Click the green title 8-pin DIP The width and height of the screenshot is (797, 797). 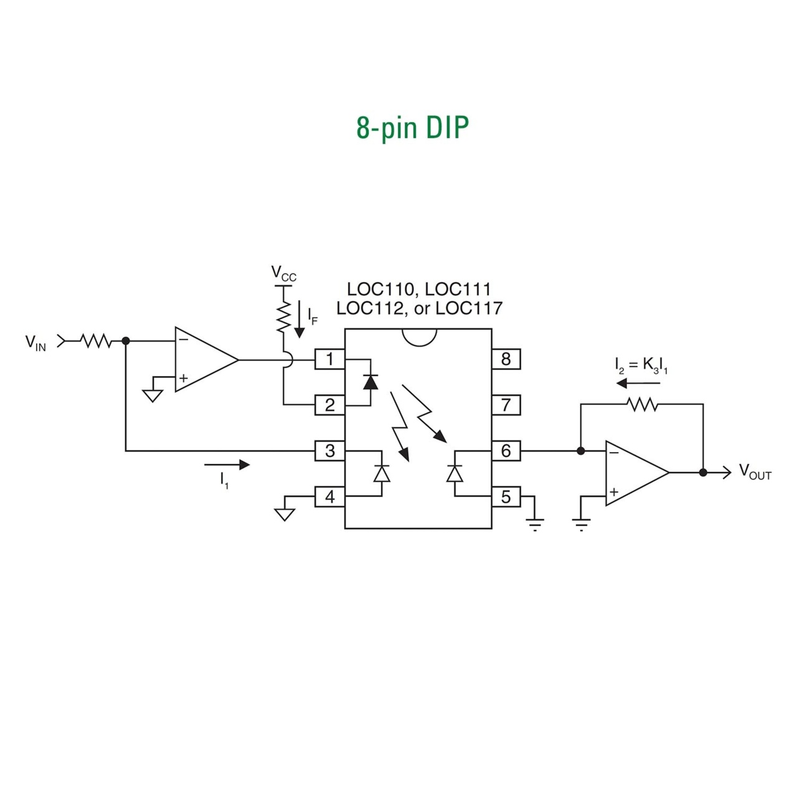(x=412, y=128)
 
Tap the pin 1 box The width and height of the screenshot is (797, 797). (x=329, y=359)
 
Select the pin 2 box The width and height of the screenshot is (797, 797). (x=329, y=405)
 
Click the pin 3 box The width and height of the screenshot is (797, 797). (x=329, y=450)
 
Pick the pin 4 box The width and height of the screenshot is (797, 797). (x=329, y=496)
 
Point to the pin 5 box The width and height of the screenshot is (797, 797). (x=506, y=496)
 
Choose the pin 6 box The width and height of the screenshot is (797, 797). (x=506, y=450)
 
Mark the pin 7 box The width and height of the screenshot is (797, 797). (x=506, y=405)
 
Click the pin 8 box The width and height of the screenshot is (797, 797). (x=506, y=359)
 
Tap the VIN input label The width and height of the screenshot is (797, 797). (x=35, y=342)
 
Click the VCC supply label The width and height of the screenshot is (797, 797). (x=283, y=273)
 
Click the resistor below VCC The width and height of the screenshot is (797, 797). (x=284, y=316)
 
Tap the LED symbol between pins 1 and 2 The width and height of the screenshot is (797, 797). (x=370, y=382)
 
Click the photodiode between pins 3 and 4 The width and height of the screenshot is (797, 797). (x=381, y=473)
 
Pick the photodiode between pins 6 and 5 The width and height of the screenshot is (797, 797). (x=455, y=473)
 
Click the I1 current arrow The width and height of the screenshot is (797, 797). (x=227, y=465)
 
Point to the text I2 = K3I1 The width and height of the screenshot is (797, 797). (x=641, y=366)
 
